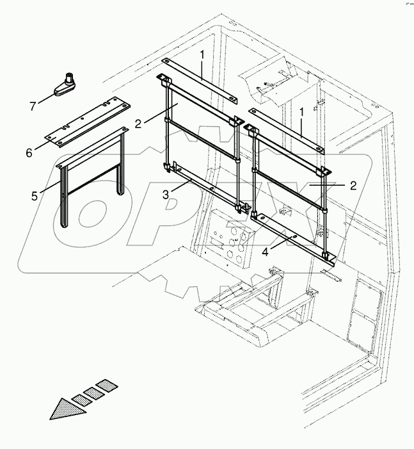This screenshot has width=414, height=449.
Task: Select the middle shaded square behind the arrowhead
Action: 95,392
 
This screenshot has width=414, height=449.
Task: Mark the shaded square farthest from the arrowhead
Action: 107,385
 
